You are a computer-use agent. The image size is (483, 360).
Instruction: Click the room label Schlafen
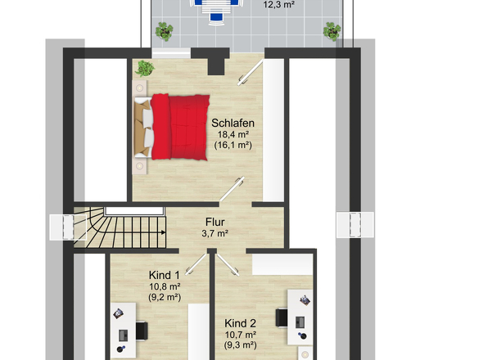(x=232, y=124)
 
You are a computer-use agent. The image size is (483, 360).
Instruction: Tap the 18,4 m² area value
(x=233, y=134)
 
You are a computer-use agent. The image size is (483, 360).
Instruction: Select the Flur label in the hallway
(x=215, y=222)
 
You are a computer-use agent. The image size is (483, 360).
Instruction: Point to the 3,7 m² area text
(x=215, y=233)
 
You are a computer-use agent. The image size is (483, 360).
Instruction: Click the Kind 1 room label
(x=165, y=275)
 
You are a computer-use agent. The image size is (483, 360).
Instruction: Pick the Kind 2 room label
(x=240, y=323)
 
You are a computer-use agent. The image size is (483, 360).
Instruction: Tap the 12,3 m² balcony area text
(x=279, y=5)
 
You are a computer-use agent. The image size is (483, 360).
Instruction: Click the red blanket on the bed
(x=180, y=127)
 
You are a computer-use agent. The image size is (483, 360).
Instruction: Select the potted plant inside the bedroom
(x=144, y=68)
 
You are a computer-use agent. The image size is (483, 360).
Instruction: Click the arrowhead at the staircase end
(x=163, y=232)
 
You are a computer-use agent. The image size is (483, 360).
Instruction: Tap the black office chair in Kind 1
(x=142, y=331)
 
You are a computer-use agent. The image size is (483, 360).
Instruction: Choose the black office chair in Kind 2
(x=282, y=317)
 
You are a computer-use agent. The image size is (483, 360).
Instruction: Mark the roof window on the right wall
(x=354, y=224)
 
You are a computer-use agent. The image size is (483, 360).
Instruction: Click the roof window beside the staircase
(x=68, y=227)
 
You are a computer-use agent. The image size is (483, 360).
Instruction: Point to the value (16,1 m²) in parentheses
(x=233, y=145)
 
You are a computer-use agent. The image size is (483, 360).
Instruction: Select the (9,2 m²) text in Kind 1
(x=165, y=297)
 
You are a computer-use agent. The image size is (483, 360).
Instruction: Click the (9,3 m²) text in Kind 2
(x=240, y=345)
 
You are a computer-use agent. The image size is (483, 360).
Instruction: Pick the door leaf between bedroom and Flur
(x=232, y=188)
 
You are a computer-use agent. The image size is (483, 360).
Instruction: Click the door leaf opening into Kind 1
(x=196, y=264)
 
